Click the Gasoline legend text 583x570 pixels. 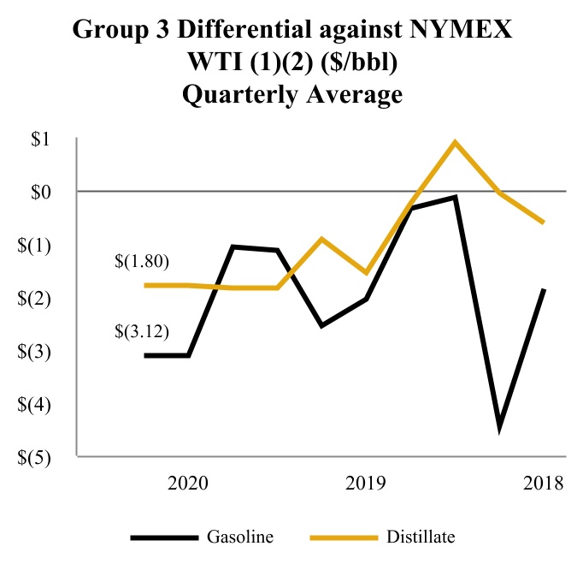click(x=240, y=537)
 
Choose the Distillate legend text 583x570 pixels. click(x=420, y=537)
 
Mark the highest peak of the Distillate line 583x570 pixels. click(x=456, y=142)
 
